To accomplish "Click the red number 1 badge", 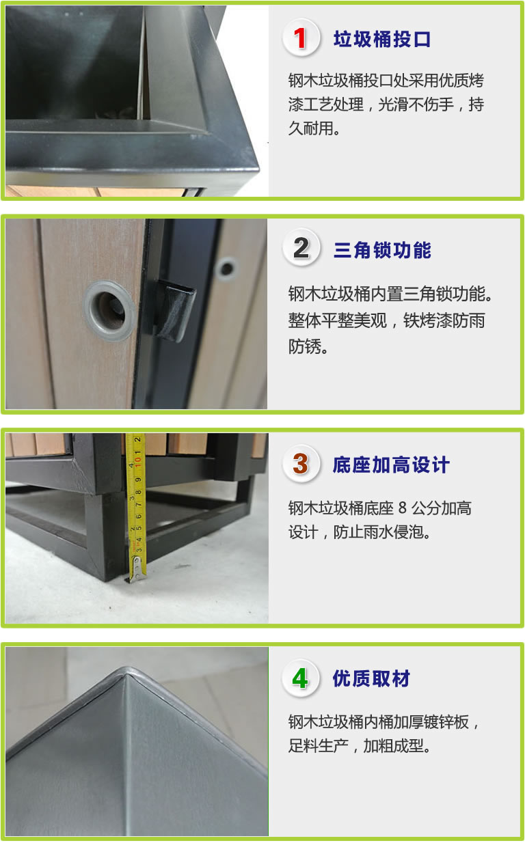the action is coord(301,38).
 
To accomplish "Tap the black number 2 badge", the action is coord(301,248).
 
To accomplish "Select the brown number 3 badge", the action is coord(301,464).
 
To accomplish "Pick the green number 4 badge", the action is coord(301,679).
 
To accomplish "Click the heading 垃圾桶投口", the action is coord(382,39).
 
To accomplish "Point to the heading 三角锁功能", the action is coord(382,250).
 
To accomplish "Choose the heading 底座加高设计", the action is coord(391,465).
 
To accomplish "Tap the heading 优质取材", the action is coord(371,679).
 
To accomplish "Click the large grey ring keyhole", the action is coord(109,310).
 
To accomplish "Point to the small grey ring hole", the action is coord(227,268).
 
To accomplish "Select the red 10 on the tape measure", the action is coord(138,460).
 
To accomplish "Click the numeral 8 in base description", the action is coord(402,508).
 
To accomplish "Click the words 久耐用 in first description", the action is coord(311,128).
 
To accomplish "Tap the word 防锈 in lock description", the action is coord(304,346).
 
